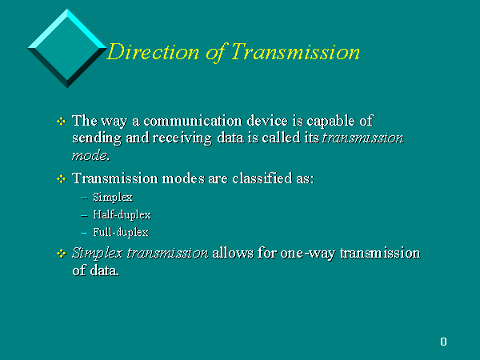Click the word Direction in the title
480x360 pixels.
154,52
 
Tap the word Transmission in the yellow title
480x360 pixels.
295,52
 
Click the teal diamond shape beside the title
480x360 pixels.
67,48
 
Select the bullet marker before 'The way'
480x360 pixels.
62,122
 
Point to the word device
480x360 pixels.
267,121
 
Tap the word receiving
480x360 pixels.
182,138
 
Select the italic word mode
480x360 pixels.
90,156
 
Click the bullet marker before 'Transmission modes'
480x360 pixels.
62,178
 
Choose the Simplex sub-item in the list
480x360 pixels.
113,198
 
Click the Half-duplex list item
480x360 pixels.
122,215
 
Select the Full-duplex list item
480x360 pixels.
121,232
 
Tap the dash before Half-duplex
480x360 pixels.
85,216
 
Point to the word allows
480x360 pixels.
233,253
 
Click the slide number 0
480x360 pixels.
443,342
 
